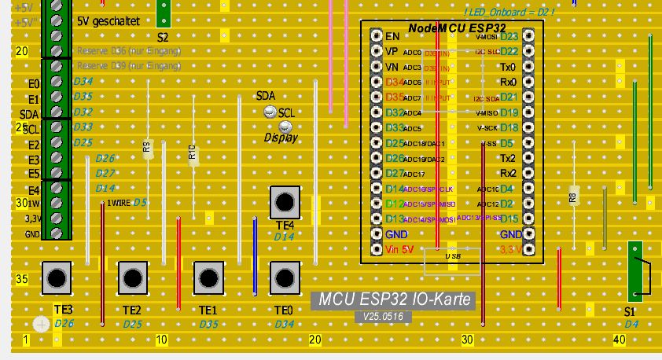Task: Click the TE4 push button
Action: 284,202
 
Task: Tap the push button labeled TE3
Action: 56,277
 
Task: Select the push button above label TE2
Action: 132,277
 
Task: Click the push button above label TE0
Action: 284,277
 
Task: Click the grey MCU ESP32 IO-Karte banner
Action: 393,299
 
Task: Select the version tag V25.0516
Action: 383,316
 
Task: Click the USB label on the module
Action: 452,256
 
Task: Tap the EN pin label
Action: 393,36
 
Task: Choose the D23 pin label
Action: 509,36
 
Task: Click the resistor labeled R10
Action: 193,153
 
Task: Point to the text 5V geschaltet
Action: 108,21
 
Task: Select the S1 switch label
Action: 629,312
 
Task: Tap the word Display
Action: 281,138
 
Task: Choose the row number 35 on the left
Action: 22,278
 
